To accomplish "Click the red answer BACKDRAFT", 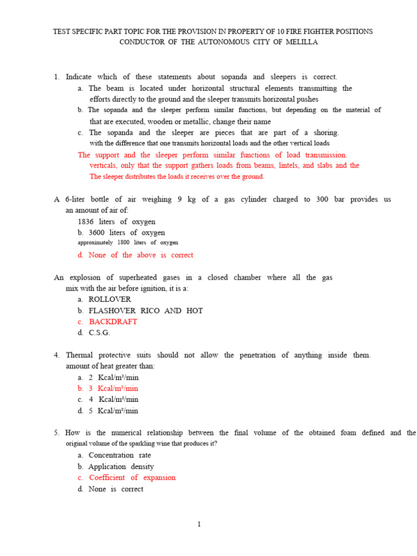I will tap(113, 321).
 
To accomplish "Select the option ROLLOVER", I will tap(110, 299).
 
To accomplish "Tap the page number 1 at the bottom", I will tap(199, 525).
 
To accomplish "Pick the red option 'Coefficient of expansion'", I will tap(132, 478).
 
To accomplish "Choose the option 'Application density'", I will tap(121, 466).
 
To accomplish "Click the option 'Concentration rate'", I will tap(119, 455).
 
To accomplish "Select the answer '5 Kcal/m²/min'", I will tap(113, 411).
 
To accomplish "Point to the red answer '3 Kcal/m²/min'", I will tap(113, 388).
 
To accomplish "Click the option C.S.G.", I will tap(99, 333).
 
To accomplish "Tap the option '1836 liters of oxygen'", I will tap(116, 222).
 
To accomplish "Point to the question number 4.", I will tap(56, 355).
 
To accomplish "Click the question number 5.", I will tap(56, 433).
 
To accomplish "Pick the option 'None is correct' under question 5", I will tap(116, 489).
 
